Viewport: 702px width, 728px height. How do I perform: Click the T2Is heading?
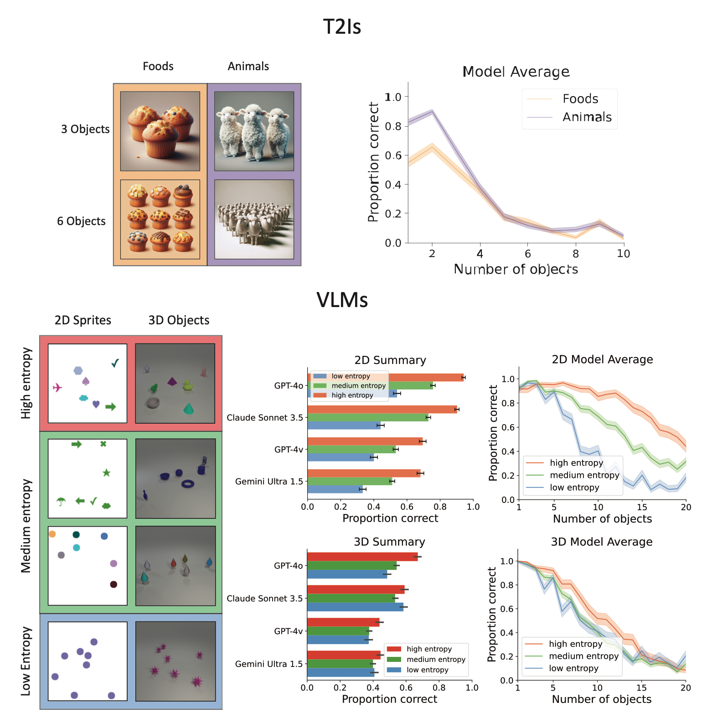342,26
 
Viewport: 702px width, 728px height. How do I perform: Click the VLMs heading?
342,300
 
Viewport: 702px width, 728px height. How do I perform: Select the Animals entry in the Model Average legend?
587,117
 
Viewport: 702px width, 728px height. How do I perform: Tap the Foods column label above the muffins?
158,67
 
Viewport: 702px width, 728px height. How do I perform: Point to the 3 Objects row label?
85,129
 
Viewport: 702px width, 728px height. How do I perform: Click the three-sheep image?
254,131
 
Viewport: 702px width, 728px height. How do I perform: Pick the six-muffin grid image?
160,219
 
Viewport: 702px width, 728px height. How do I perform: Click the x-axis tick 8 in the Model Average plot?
576,254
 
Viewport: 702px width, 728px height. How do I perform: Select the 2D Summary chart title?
390,360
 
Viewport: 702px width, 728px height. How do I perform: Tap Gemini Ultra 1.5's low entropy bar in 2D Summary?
335,489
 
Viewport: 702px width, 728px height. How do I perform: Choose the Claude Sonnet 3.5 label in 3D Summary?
264,599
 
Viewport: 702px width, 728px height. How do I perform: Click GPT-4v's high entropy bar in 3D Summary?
343,622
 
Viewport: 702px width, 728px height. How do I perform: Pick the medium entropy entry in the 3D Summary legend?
436,659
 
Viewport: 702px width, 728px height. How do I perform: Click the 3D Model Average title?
602,542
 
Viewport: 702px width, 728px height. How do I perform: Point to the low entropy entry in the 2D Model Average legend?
574,487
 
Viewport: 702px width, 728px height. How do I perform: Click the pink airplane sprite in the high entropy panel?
57,388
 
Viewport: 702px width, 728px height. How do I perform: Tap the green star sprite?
106,473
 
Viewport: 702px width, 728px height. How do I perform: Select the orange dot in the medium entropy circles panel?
52,534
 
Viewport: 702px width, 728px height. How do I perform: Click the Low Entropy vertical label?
26,661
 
